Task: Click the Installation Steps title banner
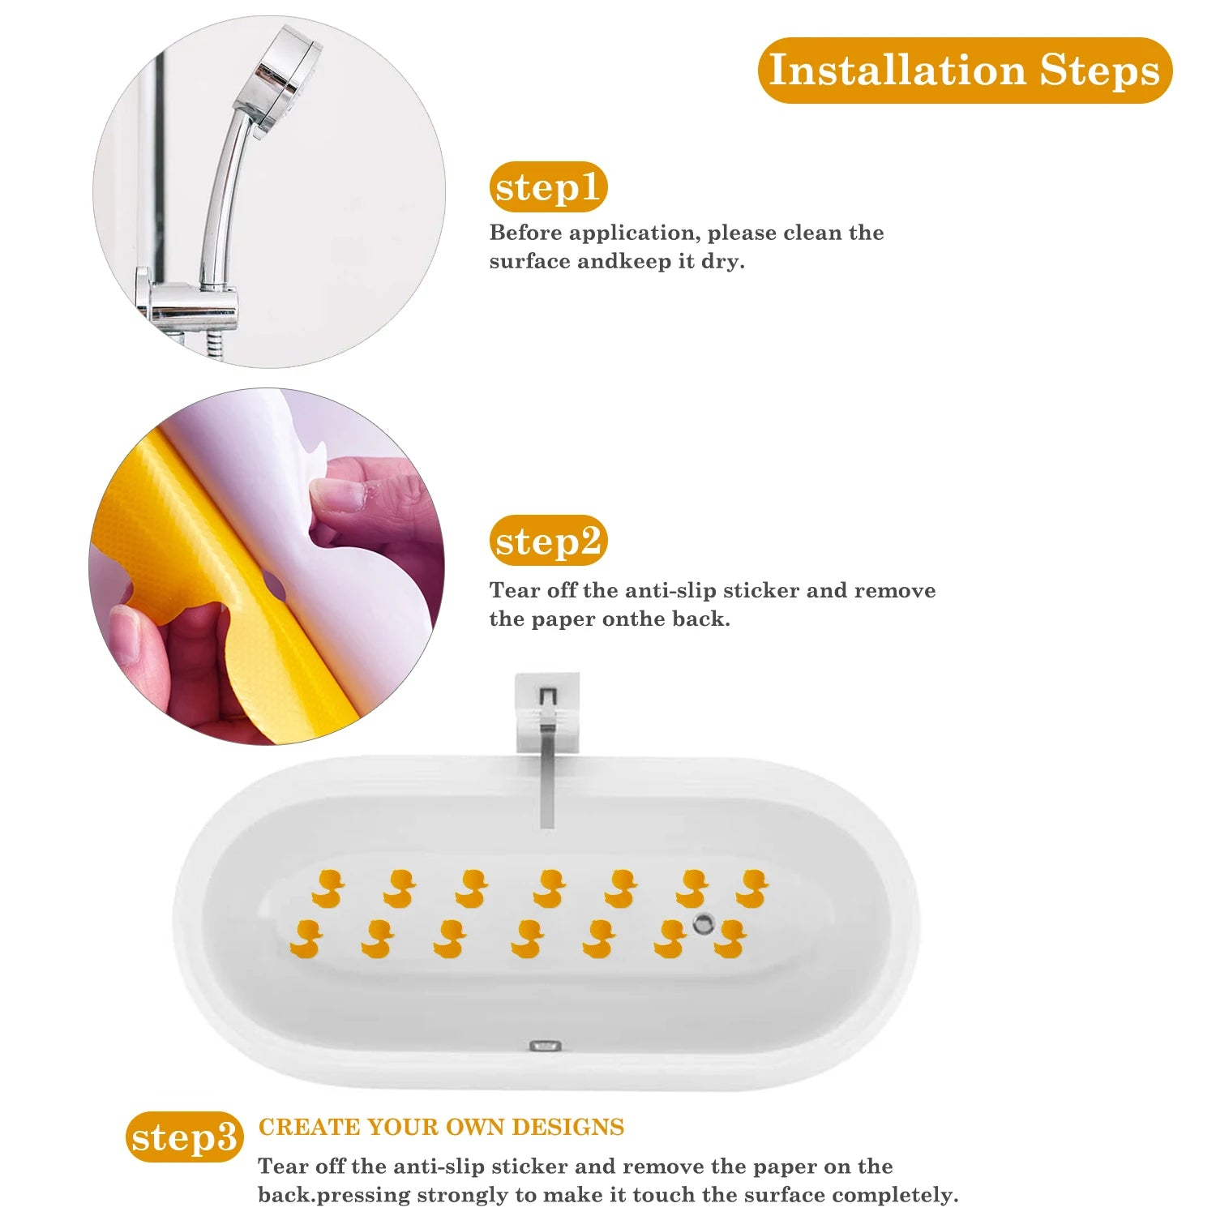[x=965, y=71]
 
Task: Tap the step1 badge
[x=548, y=187]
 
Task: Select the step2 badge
[x=548, y=541]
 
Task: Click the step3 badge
[x=184, y=1137]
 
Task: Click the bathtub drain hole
[x=703, y=923]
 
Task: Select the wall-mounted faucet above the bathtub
[x=548, y=730]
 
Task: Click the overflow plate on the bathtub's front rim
[x=546, y=1046]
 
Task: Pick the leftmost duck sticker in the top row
[x=328, y=888]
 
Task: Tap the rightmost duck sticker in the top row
[x=752, y=888]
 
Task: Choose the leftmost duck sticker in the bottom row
[x=306, y=939]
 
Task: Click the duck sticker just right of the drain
[x=730, y=939]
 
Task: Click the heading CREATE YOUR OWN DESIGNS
[x=441, y=1127]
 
